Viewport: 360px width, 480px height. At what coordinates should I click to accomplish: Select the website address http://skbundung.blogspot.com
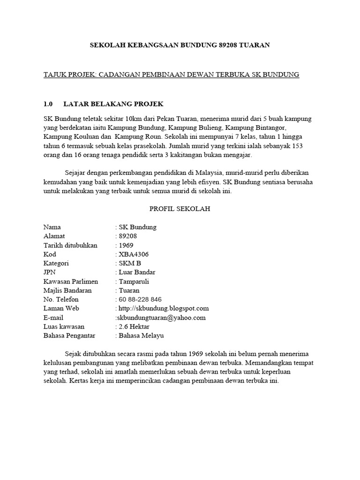164,308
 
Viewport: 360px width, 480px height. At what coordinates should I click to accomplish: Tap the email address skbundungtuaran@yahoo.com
162,318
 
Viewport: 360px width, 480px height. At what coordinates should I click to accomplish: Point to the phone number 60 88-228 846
140,300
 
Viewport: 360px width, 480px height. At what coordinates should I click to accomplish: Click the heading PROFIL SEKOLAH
180,209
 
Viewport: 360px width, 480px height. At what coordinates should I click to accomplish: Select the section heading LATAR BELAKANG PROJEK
113,104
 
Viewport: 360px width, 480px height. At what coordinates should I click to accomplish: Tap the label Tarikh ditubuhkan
70,245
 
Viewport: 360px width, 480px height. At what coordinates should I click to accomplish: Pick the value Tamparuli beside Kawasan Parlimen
136,281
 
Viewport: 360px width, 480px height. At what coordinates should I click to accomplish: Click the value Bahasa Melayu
142,336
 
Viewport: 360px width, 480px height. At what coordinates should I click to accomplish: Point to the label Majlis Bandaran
67,291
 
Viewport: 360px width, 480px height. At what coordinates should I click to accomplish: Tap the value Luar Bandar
137,272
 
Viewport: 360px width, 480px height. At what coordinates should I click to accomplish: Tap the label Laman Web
61,308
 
